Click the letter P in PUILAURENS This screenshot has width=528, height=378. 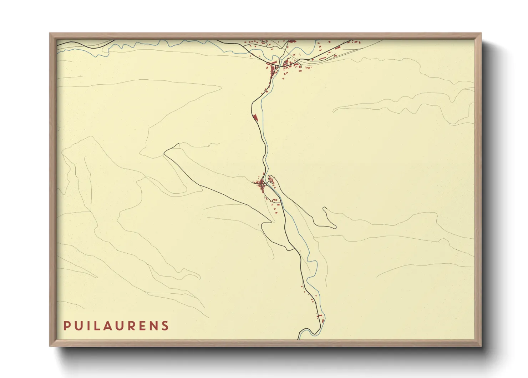pyautogui.click(x=66, y=326)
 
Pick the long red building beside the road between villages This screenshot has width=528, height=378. pyautogui.click(x=255, y=117)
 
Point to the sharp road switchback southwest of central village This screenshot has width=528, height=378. pyautogui.click(x=263, y=225)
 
